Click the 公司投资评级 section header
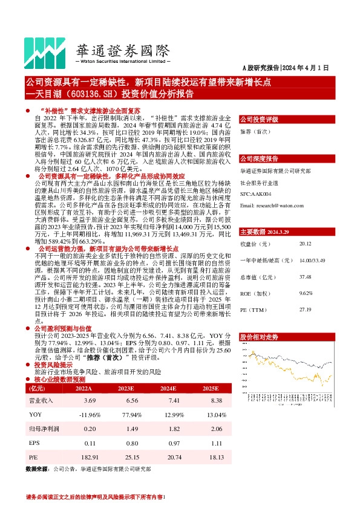coord(259,120)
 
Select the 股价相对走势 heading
coord(259,336)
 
